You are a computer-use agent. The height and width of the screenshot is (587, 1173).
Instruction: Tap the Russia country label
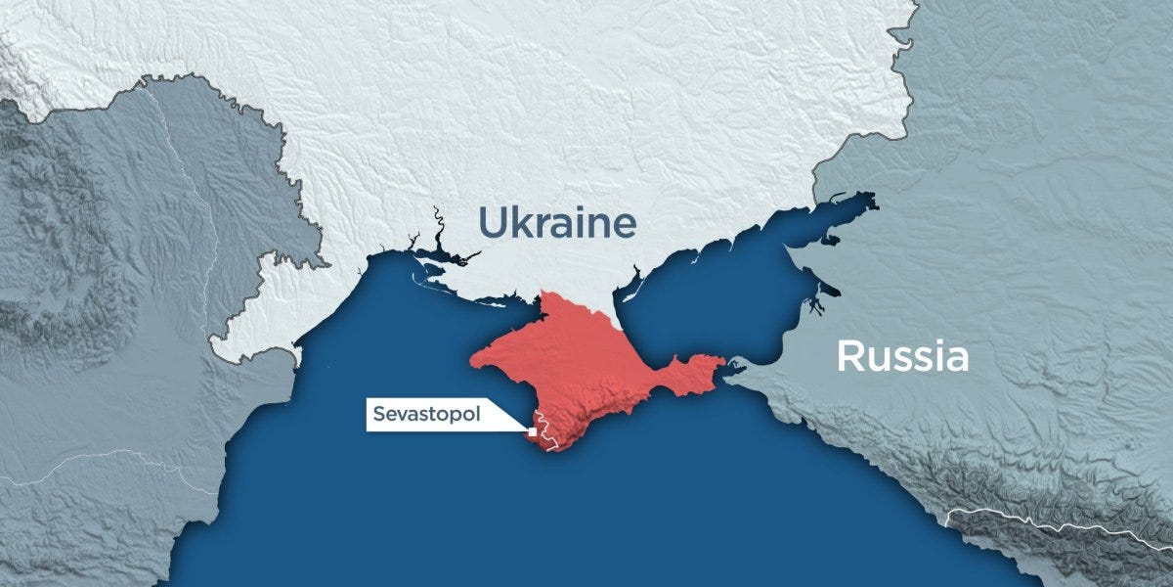point(902,357)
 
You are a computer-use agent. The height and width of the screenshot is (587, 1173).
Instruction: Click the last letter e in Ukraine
point(625,226)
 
